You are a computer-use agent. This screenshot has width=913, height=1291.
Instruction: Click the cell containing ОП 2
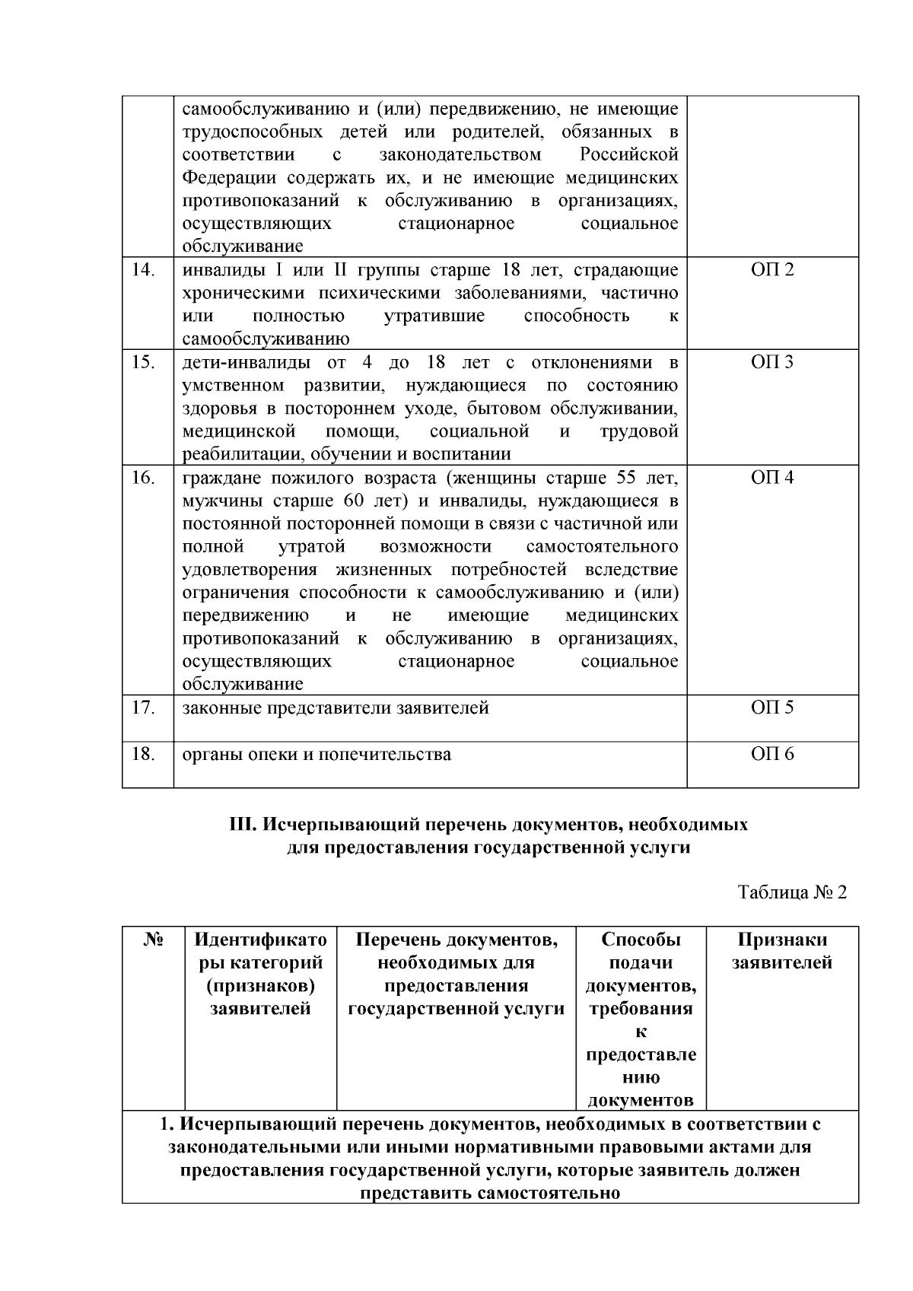(772, 270)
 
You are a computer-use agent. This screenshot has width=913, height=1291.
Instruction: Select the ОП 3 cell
(772, 362)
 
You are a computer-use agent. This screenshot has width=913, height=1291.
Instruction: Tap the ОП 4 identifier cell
(772, 478)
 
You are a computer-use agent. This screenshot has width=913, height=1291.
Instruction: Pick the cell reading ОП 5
(772, 708)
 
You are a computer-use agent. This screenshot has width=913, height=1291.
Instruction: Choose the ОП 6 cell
(772, 754)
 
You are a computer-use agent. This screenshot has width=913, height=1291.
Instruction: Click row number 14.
(143, 270)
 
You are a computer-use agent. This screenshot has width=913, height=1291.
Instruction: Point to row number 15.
(143, 362)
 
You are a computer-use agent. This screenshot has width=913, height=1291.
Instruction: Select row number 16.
(143, 478)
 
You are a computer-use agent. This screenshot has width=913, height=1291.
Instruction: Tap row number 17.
(143, 708)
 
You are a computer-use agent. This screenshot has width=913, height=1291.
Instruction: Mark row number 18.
(143, 754)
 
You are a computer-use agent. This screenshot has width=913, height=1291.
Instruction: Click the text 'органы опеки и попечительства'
(317, 754)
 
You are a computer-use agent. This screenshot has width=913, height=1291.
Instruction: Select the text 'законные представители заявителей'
(336, 708)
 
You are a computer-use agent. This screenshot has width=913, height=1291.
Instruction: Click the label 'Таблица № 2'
(792, 892)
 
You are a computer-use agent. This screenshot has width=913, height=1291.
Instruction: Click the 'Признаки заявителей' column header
(782, 951)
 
